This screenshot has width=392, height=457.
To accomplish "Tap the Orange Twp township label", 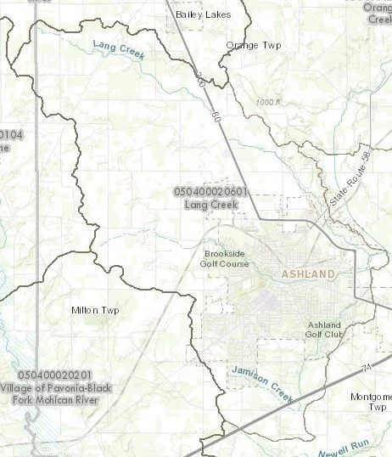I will [248, 45].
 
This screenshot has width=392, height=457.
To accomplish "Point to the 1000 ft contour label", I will [266, 103].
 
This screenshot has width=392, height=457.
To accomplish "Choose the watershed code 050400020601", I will [210, 193].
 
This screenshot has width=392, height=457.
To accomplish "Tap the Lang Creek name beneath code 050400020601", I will [210, 205].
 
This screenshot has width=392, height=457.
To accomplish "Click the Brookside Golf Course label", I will [224, 258].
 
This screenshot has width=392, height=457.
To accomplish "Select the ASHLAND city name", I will [308, 274].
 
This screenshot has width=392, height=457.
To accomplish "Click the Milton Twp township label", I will [95, 310].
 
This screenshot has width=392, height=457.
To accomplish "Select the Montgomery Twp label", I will [372, 401].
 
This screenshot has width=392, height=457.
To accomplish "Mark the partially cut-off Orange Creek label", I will [378, 13].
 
